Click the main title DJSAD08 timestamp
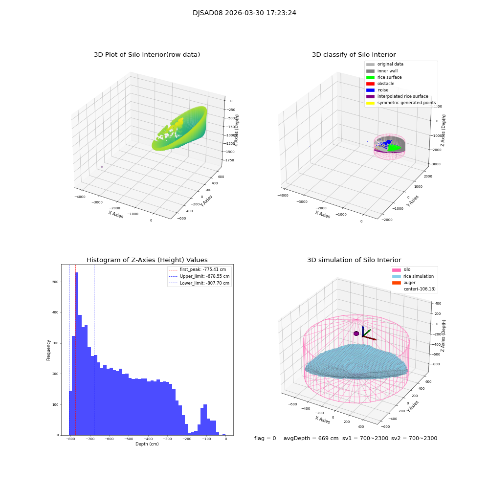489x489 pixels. (x=244, y=13)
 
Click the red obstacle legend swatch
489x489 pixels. (x=370, y=84)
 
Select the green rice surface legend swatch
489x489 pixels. (x=370, y=77)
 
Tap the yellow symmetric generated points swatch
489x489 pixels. (x=370, y=103)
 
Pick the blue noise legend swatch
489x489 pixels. (x=370, y=90)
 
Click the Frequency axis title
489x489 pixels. (x=49, y=350)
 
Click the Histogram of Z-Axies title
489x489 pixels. (x=147, y=260)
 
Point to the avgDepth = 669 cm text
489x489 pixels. (x=311, y=438)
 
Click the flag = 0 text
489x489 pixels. (x=265, y=438)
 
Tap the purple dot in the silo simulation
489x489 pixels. (x=356, y=333)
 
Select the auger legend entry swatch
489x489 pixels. (x=396, y=283)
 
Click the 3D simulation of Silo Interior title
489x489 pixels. (x=354, y=260)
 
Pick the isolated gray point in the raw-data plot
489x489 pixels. (x=102, y=167)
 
